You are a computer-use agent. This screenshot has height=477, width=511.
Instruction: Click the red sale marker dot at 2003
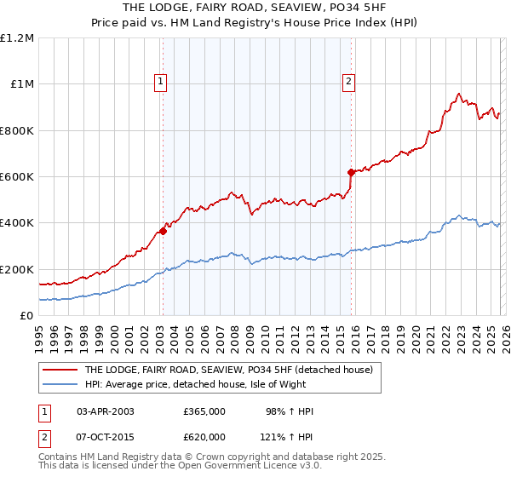163,231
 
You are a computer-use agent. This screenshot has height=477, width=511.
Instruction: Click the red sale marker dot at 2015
350,172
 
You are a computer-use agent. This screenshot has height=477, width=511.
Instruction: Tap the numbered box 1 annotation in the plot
160,82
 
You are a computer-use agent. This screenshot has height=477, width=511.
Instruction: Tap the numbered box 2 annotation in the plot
349,82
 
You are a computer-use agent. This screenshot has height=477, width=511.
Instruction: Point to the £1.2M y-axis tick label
17,38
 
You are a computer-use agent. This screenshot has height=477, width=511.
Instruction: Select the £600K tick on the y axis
17,177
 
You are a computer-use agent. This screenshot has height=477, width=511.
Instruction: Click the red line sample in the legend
60,371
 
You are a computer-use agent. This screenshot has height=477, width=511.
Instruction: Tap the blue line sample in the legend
60,385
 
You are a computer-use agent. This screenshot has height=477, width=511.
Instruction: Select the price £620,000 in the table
204,436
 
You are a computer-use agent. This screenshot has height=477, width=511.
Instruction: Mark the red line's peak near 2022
458,94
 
